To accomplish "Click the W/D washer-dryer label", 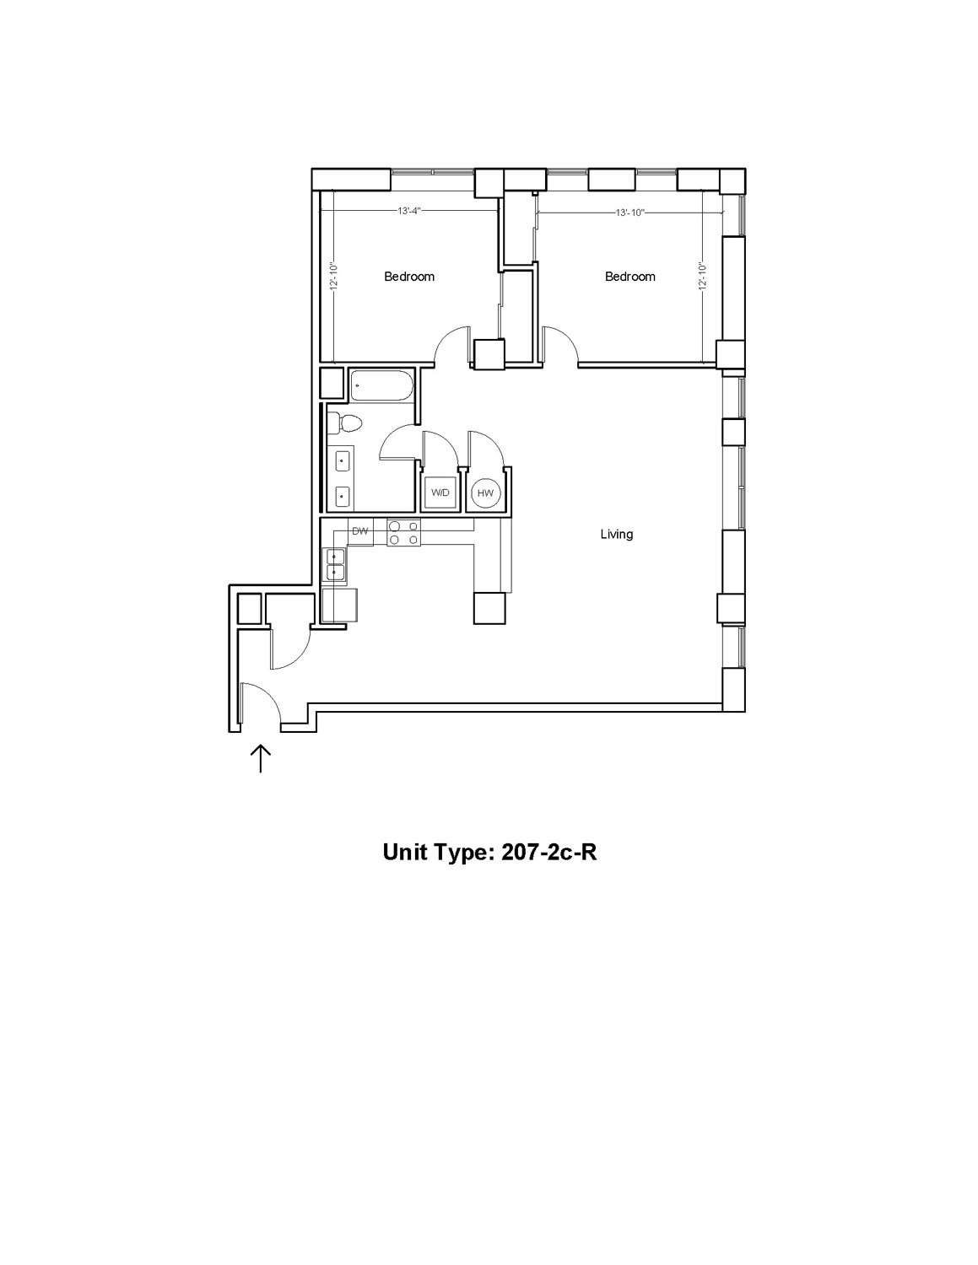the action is coord(440,493).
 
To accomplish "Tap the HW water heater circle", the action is coord(485,493).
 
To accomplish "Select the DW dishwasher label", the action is coord(360,531).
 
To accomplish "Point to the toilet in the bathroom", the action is coord(343,423).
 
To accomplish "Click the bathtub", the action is coord(381,385).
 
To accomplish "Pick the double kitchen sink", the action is coord(335,565).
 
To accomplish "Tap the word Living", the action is coord(616,534).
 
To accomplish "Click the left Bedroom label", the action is coord(409,277).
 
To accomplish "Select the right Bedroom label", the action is coord(629,277).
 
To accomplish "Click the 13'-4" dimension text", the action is coord(409,211).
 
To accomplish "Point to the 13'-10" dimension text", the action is coord(630,213).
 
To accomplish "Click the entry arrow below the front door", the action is coord(261,759).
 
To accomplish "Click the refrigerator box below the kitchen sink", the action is coord(339,606).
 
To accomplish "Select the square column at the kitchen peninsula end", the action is coord(489,608).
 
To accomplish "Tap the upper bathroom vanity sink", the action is coord(342,461).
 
